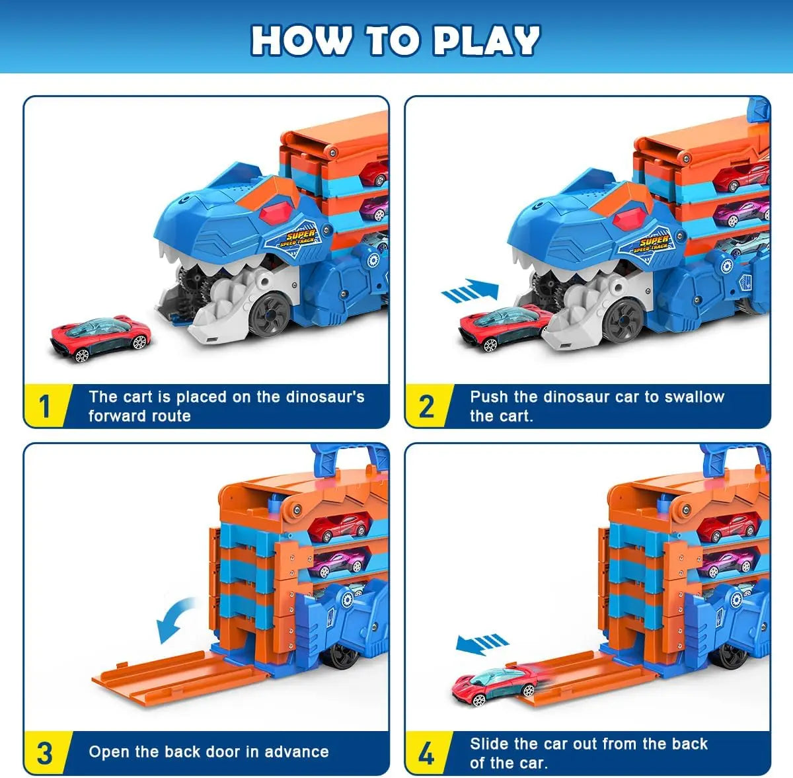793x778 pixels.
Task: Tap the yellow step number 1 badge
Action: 44,406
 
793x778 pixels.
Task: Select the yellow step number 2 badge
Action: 426,406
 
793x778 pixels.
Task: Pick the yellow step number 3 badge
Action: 44,753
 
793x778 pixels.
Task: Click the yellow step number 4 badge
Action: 426,753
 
